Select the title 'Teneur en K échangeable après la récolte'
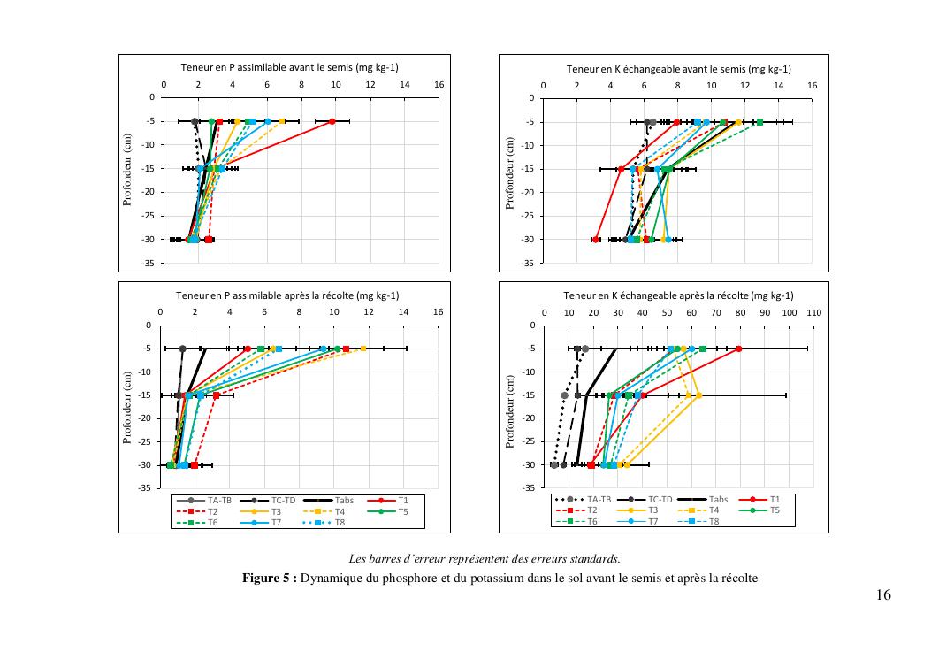pos(678,295)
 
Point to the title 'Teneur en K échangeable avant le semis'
pos(678,69)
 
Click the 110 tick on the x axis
pos(814,313)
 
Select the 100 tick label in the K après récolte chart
pos(790,313)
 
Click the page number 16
pos(883,595)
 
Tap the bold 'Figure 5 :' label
pos(270,579)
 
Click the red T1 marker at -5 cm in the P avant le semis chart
pos(332,121)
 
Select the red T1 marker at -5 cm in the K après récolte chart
pos(739,349)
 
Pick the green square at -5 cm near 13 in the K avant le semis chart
pos(759,122)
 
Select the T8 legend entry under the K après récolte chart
pos(712,522)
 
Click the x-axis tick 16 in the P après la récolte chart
pos(438,312)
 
